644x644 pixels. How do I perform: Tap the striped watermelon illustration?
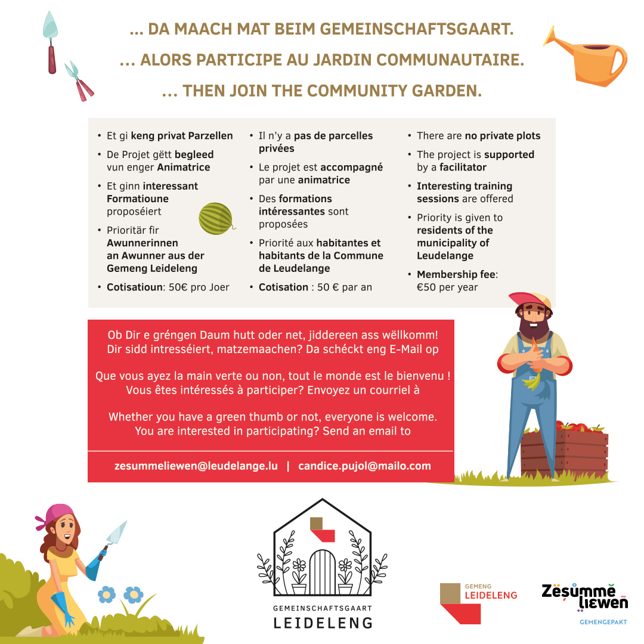coord(216,218)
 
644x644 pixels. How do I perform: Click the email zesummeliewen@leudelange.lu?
coord(196,466)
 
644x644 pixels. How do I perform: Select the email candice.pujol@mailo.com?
coord(364,466)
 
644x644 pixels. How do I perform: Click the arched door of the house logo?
coord(322,572)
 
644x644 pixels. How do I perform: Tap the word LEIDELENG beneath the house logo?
coord(323,623)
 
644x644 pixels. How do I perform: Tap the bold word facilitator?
coord(463,168)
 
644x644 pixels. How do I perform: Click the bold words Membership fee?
coord(456,274)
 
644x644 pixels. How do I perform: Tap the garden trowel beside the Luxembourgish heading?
coord(51,42)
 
